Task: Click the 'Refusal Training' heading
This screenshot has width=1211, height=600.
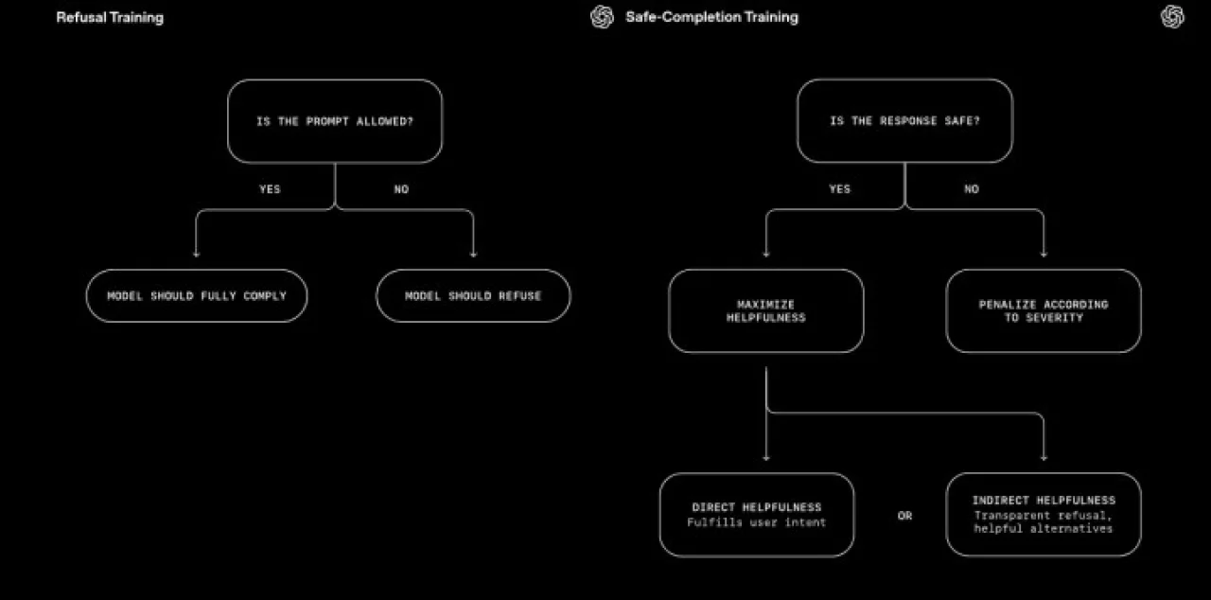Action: (110, 17)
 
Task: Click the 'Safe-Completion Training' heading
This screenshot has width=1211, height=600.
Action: (711, 17)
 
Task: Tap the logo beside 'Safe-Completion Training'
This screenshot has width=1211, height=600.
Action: (603, 17)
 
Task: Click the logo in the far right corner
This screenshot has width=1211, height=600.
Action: (1172, 17)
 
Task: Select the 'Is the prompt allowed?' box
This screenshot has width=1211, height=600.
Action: (335, 121)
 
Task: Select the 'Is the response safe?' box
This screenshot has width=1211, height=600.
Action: (904, 120)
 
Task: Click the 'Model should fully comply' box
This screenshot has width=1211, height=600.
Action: (197, 295)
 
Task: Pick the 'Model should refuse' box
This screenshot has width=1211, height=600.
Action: (473, 295)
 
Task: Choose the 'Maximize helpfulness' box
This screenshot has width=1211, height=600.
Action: (766, 310)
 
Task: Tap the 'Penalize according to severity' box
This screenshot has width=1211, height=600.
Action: (1044, 310)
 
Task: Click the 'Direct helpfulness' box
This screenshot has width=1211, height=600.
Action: (757, 515)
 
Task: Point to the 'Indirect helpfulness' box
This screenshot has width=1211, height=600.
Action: (1044, 515)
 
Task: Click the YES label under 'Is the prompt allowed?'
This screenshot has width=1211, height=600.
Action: (270, 189)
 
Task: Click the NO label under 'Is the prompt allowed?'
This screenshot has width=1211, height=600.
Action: (401, 189)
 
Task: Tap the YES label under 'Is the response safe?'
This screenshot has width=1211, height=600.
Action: (839, 188)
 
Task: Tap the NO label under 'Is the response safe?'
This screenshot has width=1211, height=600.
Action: (972, 188)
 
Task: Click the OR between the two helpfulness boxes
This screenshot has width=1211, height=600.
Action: (905, 516)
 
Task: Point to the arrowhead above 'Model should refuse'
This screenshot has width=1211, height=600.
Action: (474, 254)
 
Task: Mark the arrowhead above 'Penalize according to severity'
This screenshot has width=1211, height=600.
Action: (1044, 254)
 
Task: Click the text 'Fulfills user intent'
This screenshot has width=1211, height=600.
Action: (756, 522)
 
